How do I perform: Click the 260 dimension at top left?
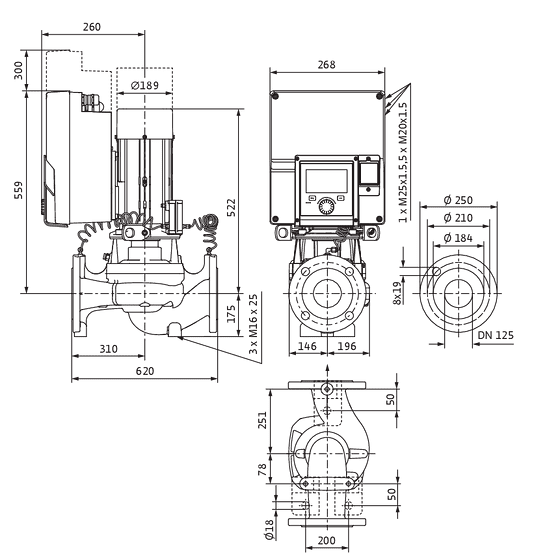pyautogui.click(x=92, y=27)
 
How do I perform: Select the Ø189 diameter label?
pyautogui.click(x=145, y=86)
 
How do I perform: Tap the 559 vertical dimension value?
pyautogui.click(x=18, y=190)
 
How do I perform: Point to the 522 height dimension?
pyautogui.click(x=231, y=208)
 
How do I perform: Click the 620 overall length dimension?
pyautogui.click(x=145, y=371)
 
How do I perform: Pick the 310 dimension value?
pyautogui.click(x=108, y=349)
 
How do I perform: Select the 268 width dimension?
pyautogui.click(x=326, y=65)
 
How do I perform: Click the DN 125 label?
pyautogui.click(x=495, y=335)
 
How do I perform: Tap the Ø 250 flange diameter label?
pyautogui.click(x=458, y=200)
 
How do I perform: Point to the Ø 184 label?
pyautogui.click(x=458, y=238)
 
